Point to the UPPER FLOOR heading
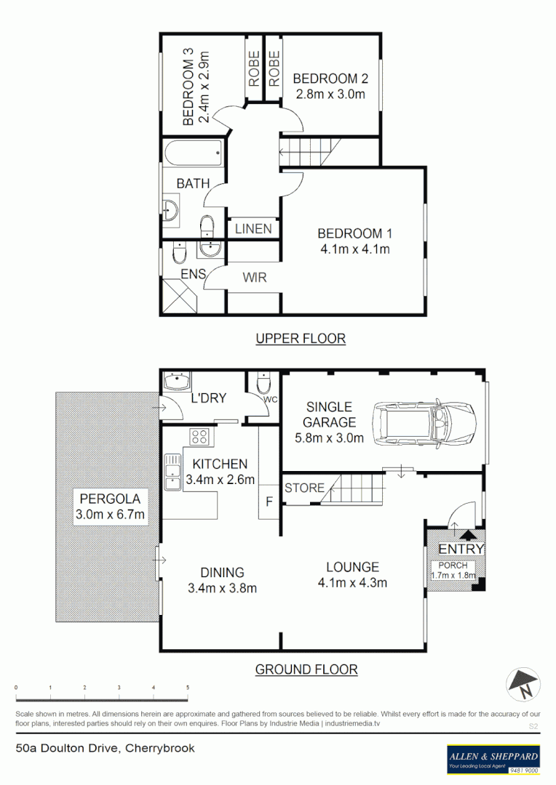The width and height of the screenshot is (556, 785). (300, 338)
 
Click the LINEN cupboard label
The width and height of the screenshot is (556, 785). (253, 229)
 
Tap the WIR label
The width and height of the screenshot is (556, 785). (254, 276)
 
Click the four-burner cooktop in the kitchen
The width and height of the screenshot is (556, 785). (199, 438)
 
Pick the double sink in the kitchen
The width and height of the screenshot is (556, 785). (172, 473)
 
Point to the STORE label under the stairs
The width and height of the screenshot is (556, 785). (304, 488)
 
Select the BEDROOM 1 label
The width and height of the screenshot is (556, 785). (354, 233)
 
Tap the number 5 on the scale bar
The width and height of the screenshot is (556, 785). (188, 687)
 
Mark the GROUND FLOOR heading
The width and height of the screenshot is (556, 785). (306, 669)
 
